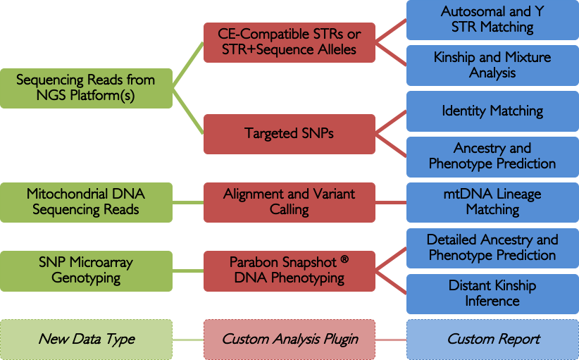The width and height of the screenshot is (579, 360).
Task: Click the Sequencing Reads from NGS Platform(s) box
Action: (x=86, y=88)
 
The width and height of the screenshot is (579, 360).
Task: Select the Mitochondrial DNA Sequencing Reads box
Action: (x=86, y=201)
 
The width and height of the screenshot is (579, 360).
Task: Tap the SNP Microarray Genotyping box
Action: (x=86, y=270)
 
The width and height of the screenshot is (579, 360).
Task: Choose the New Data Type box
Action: (x=86, y=339)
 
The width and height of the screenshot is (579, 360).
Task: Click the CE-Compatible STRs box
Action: (x=289, y=42)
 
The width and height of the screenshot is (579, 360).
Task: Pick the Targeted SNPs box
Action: (x=289, y=133)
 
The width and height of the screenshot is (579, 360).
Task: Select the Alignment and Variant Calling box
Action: (x=289, y=201)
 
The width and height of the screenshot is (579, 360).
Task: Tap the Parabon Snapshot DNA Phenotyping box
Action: (x=289, y=270)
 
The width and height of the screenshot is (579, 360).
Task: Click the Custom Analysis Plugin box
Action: (x=289, y=339)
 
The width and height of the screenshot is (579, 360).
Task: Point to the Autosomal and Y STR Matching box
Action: (x=492, y=20)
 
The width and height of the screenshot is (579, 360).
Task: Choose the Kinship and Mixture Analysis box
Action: (x=492, y=65)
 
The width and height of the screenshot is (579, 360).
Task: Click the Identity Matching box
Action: (x=492, y=111)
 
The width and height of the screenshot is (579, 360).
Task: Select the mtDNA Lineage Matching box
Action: (x=492, y=201)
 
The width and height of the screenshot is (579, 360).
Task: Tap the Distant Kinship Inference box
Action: (x=492, y=293)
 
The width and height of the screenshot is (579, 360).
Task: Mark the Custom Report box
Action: (x=492, y=339)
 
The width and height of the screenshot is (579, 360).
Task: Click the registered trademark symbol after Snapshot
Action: (x=344, y=259)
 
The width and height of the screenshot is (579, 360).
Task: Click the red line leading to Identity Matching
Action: (x=391, y=121)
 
